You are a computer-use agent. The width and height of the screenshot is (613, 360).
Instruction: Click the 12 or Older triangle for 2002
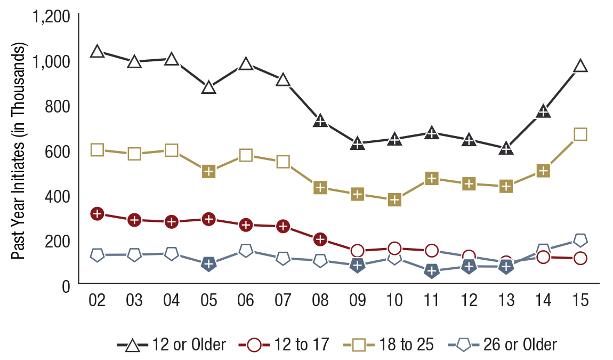pyautogui.click(x=96, y=52)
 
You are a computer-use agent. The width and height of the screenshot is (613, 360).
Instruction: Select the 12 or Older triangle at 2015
pyautogui.click(x=580, y=66)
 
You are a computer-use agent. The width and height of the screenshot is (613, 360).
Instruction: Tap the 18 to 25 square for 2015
pyautogui.click(x=580, y=134)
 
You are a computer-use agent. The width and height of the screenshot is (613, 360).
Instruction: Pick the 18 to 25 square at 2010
pyautogui.click(x=394, y=200)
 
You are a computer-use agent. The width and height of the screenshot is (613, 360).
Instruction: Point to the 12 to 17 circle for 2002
pyautogui.click(x=96, y=214)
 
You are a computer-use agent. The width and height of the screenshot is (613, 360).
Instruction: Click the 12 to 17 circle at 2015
pyautogui.click(x=580, y=258)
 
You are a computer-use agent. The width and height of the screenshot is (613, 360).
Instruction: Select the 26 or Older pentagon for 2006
pyautogui.click(x=246, y=250)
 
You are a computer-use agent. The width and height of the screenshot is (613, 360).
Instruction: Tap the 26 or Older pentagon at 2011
pyautogui.click(x=432, y=271)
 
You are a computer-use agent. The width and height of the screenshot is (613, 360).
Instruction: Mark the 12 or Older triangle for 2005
pyautogui.click(x=208, y=87)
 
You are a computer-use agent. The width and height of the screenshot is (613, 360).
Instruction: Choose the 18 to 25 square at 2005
pyautogui.click(x=208, y=171)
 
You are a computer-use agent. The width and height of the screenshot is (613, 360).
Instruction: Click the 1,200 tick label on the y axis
pyautogui.click(x=51, y=17)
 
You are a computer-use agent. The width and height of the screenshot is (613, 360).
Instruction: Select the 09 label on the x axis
pyautogui.click(x=357, y=301)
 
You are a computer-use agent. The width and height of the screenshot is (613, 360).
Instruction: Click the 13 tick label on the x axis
pyautogui.click(x=506, y=301)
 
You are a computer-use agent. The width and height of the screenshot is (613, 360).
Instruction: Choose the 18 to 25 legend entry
pyautogui.click(x=392, y=345)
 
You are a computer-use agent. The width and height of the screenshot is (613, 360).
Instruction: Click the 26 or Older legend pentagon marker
pyautogui.click(x=463, y=345)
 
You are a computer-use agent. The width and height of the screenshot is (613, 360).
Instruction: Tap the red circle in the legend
pyautogui.click(x=254, y=345)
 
